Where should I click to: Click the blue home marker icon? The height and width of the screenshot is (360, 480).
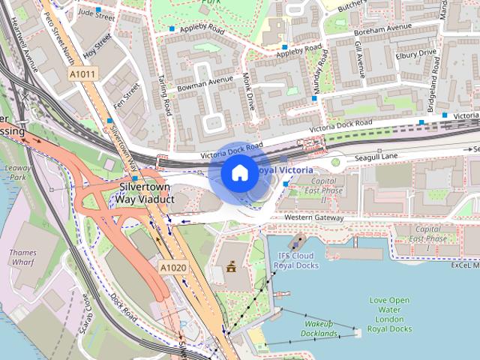tap(238, 172)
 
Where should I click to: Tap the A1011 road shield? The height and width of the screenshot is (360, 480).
tap(82, 74)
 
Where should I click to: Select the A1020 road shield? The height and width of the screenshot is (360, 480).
tap(172, 267)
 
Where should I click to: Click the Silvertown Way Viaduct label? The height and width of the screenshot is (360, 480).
tap(144, 193)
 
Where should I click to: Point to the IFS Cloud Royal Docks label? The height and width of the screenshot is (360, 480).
tap(295, 260)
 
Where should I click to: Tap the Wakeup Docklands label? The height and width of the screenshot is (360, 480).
tap(318, 328)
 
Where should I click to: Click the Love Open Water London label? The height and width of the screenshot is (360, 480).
tap(390, 314)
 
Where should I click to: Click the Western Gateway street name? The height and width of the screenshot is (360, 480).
tap(314, 217)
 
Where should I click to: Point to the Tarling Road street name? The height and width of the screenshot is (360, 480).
tap(165, 97)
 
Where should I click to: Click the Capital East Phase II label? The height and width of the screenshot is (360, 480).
tap(323, 190)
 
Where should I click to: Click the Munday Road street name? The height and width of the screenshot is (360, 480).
tap(320, 76)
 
